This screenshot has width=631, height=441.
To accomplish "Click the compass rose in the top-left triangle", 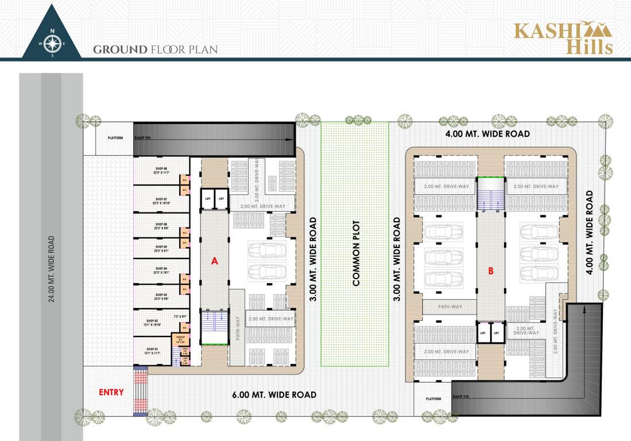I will pos(52,43).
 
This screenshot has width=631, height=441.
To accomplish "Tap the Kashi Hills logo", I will pos(563,37).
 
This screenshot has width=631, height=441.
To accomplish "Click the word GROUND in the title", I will pos(119,50).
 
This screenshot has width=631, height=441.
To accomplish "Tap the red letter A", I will pos(215,261).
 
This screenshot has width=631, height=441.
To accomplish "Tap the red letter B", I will pos(491,271).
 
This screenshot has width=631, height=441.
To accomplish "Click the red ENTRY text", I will pos(111,392).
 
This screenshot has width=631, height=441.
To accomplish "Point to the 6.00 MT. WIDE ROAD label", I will pos(274,394).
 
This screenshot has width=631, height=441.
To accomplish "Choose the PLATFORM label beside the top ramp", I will pos(115,138).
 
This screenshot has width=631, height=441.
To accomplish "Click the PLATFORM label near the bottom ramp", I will pos(433,399).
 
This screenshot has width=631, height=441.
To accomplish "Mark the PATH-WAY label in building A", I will pos(237,328).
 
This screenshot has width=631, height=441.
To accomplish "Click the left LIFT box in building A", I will pos(207,199).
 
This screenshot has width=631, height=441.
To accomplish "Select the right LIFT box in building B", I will pos(497,332).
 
